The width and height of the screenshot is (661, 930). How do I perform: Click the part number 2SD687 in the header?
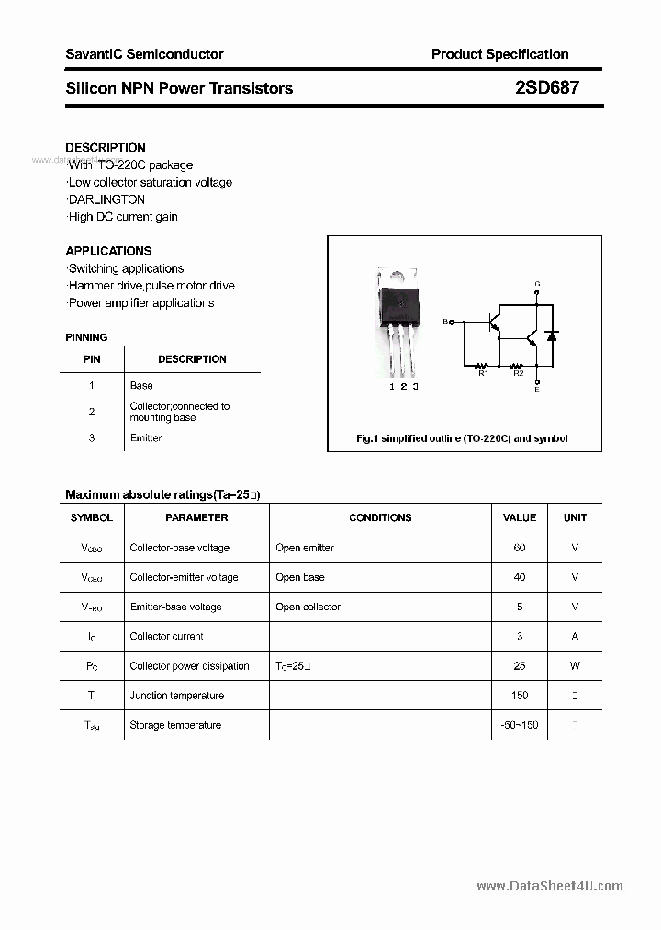click(x=546, y=88)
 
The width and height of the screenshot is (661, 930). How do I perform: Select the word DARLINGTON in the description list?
click(x=106, y=199)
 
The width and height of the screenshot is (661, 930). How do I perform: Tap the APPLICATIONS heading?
click(x=108, y=251)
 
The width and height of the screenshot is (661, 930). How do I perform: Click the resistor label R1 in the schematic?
click(x=484, y=373)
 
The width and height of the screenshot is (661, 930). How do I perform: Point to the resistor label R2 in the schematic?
click(x=518, y=373)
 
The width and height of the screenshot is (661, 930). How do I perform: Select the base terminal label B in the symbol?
click(x=446, y=322)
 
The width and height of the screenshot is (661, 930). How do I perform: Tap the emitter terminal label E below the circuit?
click(x=537, y=390)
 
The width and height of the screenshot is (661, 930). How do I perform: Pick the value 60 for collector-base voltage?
click(x=520, y=548)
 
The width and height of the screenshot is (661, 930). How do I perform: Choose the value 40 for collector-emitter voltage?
click(x=520, y=577)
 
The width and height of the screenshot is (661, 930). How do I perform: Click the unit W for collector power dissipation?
click(x=575, y=666)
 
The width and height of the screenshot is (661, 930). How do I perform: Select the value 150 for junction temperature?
click(x=520, y=696)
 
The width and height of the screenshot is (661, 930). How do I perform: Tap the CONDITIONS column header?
click(x=380, y=517)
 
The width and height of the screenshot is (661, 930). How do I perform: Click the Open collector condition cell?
click(x=308, y=607)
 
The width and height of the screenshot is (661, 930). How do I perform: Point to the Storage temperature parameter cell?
click(x=175, y=725)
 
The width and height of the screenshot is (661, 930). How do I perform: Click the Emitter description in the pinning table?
click(x=146, y=437)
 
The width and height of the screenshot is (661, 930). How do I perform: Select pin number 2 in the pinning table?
click(x=92, y=412)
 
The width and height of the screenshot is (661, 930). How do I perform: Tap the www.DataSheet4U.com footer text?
click(x=550, y=886)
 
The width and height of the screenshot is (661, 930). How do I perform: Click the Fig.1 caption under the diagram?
click(x=462, y=438)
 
